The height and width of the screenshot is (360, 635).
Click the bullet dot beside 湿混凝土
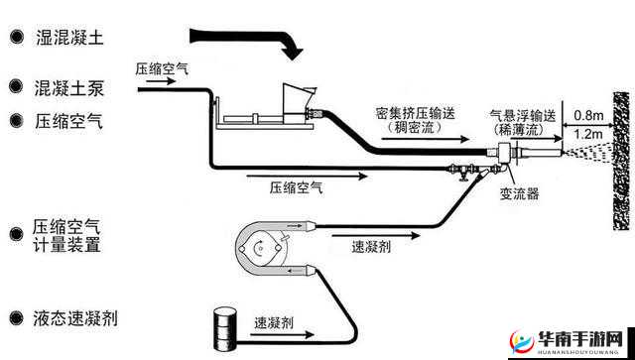pos(16,37)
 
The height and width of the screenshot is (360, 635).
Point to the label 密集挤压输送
pos(416,113)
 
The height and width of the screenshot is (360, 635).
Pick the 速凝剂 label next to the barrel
pos(273,322)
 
